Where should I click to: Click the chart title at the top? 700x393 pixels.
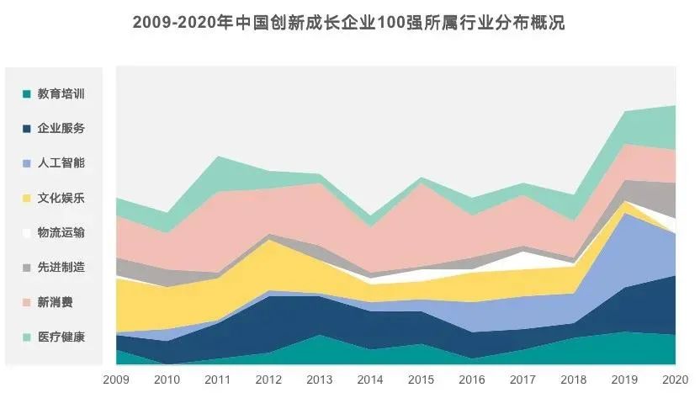coord(349,23)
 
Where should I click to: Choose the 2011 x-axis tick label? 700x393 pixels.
coord(219,379)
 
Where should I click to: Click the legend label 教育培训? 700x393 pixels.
coord(61,94)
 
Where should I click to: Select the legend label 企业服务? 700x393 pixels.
coord(61,129)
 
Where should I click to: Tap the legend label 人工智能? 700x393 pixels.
coord(61,163)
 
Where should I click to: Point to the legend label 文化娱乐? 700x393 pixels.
coord(61,199)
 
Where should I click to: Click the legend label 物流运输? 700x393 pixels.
coord(61,233)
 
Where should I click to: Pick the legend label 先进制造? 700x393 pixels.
coord(61,268)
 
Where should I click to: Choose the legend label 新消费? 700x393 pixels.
coord(55,302)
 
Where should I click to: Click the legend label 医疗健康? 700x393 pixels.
coord(61,337)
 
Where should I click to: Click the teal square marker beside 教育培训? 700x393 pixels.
coord(27,94)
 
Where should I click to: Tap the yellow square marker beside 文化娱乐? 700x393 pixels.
coord(27,199)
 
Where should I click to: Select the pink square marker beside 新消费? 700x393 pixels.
coord(27,302)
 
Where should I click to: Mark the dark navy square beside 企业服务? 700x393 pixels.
coord(27,129)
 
